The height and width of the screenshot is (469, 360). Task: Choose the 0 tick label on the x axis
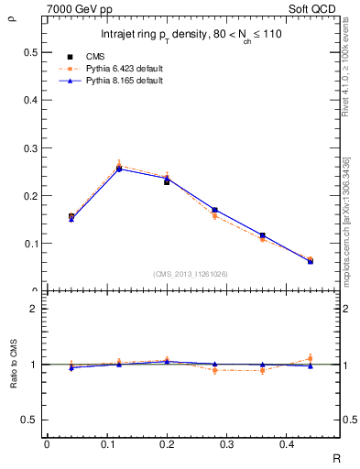tap(46, 444)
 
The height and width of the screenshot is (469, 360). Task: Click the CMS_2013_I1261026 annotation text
tap(190, 274)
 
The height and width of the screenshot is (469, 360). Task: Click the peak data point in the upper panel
tap(119, 169)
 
